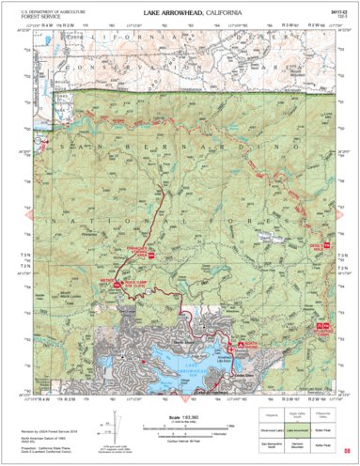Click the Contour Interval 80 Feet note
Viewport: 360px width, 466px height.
click(179, 440)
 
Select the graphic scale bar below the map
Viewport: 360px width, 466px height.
click(179, 429)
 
